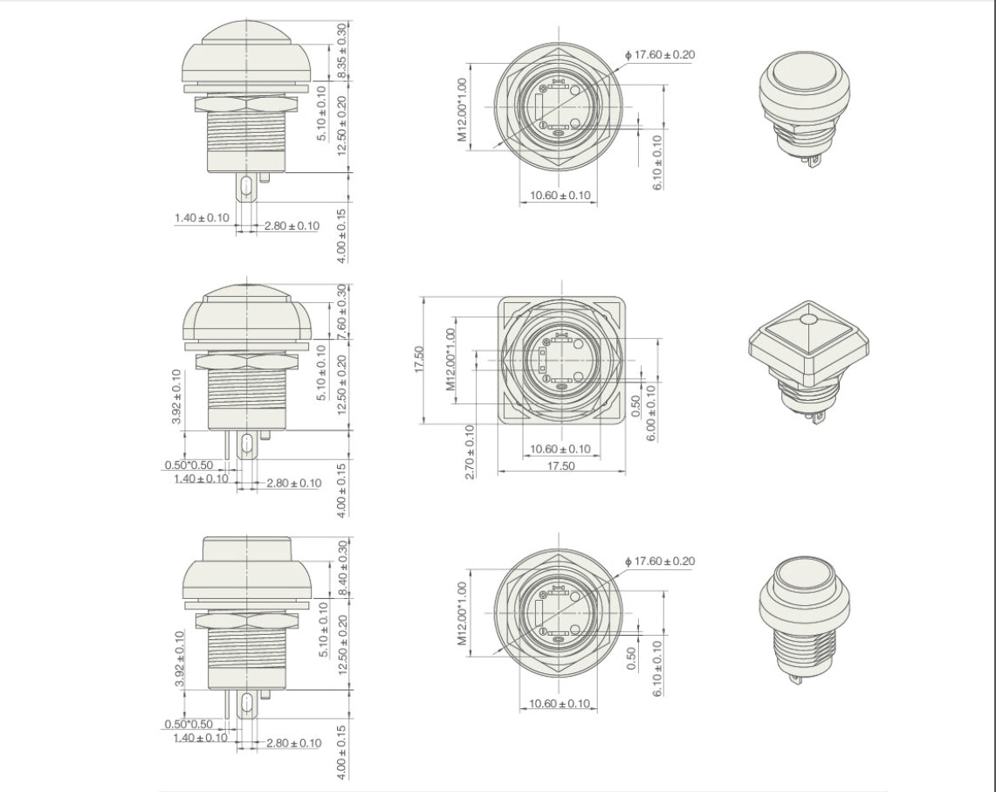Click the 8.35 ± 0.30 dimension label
click(x=342, y=51)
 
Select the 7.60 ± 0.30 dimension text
click(x=342, y=312)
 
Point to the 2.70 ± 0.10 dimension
click(x=470, y=451)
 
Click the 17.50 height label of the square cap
click(x=419, y=360)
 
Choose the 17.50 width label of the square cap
click(x=561, y=466)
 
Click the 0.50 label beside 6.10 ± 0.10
click(x=631, y=658)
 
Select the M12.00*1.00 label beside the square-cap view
click(x=450, y=359)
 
